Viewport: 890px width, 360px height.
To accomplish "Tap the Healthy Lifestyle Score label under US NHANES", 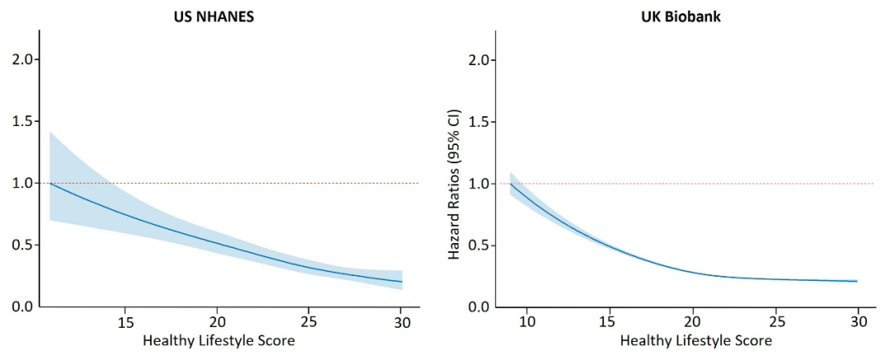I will (x=218, y=339).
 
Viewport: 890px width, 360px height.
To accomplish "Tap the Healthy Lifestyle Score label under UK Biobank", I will (x=696, y=339).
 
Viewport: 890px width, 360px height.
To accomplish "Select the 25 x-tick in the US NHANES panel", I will (x=308, y=321).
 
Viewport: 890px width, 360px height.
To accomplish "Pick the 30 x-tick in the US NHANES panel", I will (x=400, y=321).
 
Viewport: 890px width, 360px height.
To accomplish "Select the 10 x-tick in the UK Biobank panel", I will (x=527, y=321).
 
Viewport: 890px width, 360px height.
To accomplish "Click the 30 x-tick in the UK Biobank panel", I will (x=860, y=321).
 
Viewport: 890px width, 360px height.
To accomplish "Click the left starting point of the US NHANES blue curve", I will (x=50, y=183).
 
